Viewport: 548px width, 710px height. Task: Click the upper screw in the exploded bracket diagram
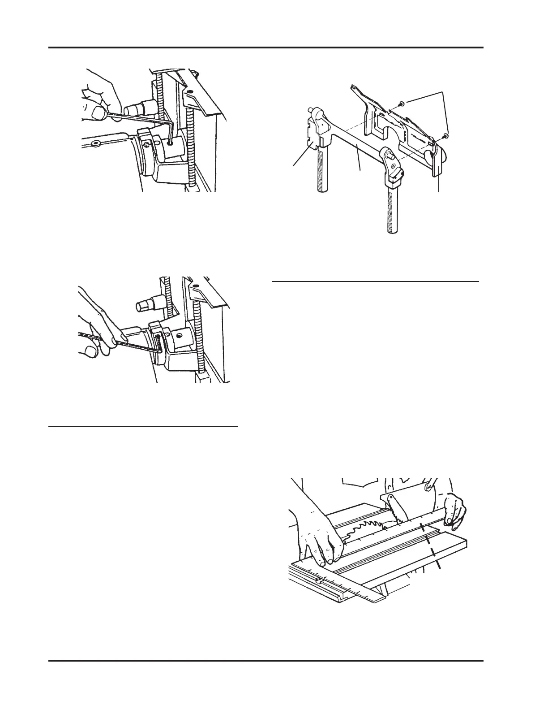point(402,104)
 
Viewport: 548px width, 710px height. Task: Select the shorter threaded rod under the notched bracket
point(322,170)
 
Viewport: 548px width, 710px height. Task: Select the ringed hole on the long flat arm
point(95,144)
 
